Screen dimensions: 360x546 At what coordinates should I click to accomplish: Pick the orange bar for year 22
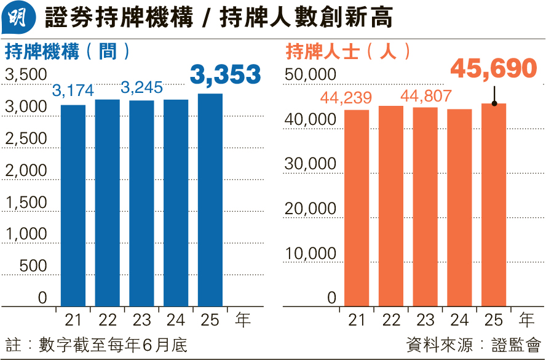pos(391,206)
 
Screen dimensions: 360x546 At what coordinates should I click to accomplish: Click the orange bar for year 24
pos(459,207)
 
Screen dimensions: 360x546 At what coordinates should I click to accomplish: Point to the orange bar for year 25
pos(494,204)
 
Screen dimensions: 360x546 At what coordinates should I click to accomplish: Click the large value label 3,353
pos(226,74)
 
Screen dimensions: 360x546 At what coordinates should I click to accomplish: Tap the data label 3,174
pos(73,91)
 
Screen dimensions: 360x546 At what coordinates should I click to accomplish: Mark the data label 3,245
pos(141,89)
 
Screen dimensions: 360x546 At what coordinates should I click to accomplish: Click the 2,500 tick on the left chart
pos(26,138)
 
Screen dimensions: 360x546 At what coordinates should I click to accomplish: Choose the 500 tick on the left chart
pos(34,266)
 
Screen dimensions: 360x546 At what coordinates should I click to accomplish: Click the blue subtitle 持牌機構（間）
pos(68,51)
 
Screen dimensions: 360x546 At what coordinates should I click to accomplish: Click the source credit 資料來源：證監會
pos(473,344)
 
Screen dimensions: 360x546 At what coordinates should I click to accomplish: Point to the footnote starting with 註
pos(96,344)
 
